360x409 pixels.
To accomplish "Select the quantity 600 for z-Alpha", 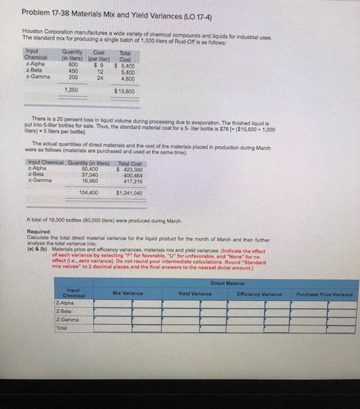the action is click(72, 65).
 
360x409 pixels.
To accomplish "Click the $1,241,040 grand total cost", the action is click(128, 191).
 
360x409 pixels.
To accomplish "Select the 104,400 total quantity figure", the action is click(87, 191).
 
